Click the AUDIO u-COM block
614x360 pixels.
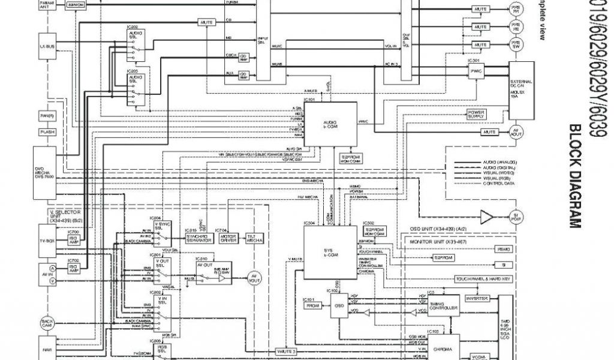pyautogui.click(x=330, y=123)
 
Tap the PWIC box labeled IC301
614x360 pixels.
pyautogui.click(x=477, y=71)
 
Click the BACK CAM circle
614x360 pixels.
pyautogui.click(x=47, y=323)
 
